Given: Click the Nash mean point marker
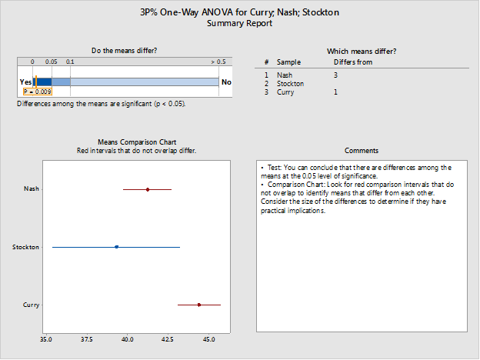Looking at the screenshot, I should [x=148, y=189].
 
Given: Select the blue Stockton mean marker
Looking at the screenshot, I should [x=116, y=247].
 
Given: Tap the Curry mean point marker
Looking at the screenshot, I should [x=199, y=305].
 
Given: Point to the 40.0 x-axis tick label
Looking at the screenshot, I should [x=128, y=338].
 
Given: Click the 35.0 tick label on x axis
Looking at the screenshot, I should [x=46, y=338].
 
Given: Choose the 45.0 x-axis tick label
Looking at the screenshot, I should [x=208, y=338].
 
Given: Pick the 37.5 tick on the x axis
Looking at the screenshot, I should [x=87, y=338].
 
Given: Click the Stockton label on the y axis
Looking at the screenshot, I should [x=26, y=248].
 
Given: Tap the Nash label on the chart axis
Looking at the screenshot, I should [x=32, y=189].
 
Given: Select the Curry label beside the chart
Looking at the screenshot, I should [x=32, y=305].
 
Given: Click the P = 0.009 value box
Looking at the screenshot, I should [x=37, y=92].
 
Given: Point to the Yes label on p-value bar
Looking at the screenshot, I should [x=25, y=82].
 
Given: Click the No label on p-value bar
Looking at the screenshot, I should [x=225, y=82].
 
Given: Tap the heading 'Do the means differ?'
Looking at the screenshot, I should [x=125, y=51].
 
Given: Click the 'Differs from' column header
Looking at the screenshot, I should [x=353, y=62].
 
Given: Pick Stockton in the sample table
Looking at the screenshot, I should [x=290, y=83].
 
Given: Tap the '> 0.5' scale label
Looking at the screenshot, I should [x=218, y=62].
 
